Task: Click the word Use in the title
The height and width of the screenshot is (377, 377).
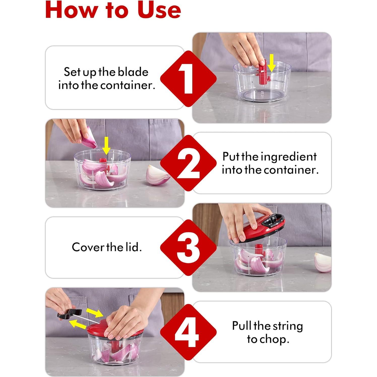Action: [x=159, y=10]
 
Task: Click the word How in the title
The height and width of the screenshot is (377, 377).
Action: [x=72, y=10]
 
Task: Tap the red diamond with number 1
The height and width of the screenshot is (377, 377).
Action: [x=188, y=79]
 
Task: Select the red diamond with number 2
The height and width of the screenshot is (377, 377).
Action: [x=188, y=163]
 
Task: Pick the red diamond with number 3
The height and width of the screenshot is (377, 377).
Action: [x=188, y=247]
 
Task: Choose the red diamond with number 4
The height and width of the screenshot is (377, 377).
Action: [x=188, y=332]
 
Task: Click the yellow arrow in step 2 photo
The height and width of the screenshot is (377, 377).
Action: [x=106, y=146]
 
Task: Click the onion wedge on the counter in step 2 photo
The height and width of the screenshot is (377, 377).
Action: [x=158, y=175]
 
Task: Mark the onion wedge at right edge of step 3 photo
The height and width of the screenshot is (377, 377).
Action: [x=323, y=262]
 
